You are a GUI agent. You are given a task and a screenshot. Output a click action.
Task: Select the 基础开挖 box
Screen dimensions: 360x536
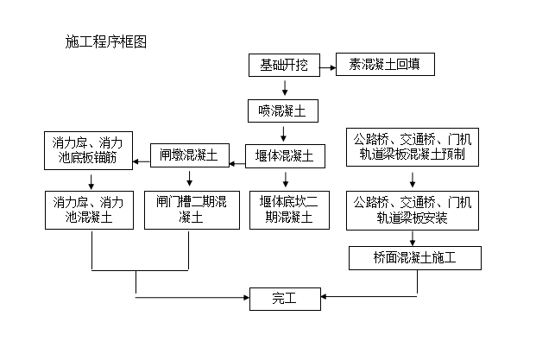pyautogui.click(x=284, y=65)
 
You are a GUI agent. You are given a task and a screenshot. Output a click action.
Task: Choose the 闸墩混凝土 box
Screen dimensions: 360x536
pyautogui.click(x=189, y=156)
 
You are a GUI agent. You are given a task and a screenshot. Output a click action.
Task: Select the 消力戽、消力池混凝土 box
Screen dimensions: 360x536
pyautogui.click(x=90, y=211)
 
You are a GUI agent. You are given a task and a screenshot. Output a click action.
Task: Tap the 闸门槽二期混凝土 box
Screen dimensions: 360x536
pyautogui.click(x=189, y=211)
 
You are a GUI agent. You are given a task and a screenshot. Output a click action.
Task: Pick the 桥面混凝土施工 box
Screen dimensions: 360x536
pyautogui.click(x=413, y=257)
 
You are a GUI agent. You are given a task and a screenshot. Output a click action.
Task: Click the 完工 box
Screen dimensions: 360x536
pyautogui.click(x=284, y=299)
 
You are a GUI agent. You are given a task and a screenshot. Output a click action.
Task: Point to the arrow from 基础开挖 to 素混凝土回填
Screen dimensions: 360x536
pyautogui.click(x=329, y=65)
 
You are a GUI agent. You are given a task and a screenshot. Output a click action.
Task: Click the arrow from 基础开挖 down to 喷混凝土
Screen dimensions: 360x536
pyautogui.click(x=284, y=87)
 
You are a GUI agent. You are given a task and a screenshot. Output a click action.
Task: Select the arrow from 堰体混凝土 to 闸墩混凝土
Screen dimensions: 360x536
pyautogui.click(x=236, y=157)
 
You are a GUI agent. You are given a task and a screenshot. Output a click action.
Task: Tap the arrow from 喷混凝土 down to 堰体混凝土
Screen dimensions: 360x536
pyautogui.click(x=284, y=134)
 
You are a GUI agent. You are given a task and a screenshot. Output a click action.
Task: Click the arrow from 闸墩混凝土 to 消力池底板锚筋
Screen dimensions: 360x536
pyautogui.click(x=141, y=157)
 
